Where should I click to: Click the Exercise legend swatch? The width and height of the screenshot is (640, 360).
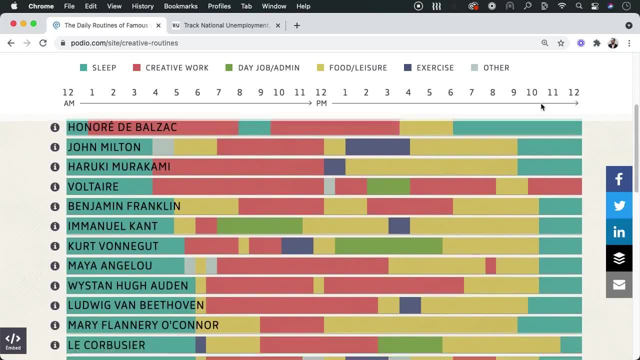408,67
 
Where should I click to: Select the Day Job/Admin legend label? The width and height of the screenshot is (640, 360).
268,68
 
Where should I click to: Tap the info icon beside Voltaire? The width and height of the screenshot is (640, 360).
55,186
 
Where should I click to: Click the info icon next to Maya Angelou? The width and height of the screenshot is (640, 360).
55,266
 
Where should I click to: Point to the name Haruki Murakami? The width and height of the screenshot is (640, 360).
119,166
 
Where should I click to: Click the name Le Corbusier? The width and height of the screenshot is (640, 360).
106,345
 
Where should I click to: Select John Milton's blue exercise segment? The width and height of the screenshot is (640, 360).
377,147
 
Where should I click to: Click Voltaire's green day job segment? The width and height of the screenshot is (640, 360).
388,186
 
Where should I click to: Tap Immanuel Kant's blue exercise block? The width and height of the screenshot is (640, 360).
399,226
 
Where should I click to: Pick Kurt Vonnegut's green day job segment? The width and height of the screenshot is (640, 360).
388,246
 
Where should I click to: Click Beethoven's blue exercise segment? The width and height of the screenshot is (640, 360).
410,305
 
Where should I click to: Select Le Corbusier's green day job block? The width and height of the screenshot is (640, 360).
410,345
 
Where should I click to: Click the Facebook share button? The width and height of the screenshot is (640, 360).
619,179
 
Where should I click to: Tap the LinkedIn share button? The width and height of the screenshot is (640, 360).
619,232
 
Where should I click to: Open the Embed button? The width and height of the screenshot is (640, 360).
13,341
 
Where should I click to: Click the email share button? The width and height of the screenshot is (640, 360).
619,284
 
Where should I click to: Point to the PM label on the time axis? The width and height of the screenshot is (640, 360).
321,103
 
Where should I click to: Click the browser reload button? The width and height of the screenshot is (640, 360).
43,43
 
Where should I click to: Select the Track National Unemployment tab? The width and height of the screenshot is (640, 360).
226,25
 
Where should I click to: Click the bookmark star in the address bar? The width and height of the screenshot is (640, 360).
561,43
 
